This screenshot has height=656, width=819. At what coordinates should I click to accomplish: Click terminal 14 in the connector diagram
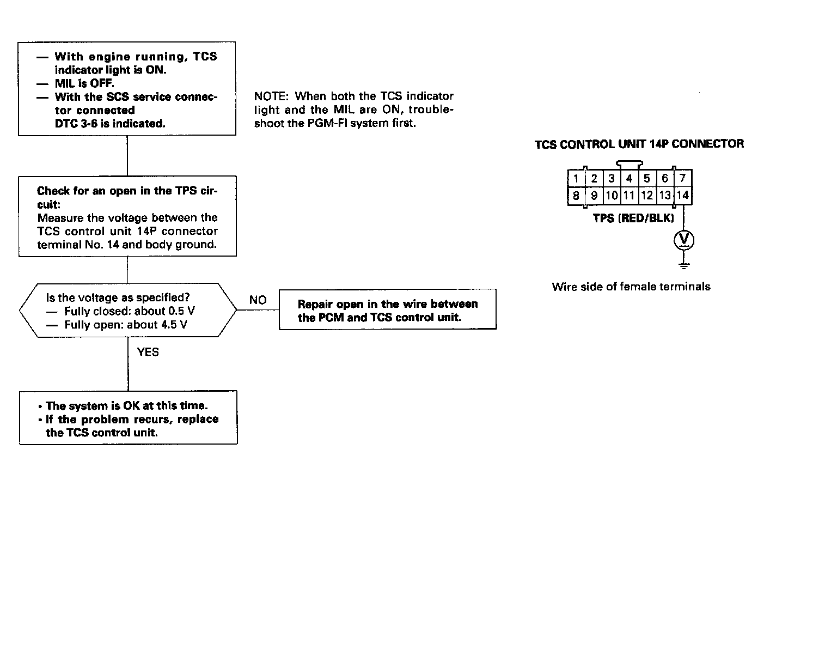pos(682,196)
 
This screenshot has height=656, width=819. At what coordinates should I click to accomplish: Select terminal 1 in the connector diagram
pos(576,178)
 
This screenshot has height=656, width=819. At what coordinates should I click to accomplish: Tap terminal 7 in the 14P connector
pos(682,178)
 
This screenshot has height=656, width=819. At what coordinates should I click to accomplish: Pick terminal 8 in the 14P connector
pos(576,196)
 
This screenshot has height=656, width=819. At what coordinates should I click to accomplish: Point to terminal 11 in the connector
pos(629,196)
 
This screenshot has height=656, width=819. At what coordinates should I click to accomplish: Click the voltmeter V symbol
pos(684,240)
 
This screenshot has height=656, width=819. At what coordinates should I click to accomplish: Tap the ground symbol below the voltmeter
pos(684,265)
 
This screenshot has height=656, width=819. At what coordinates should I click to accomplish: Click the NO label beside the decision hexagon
pos(258,300)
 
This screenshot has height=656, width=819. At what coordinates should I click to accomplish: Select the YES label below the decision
pos(148,352)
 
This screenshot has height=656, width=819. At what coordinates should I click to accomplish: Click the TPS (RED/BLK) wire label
pos(633,218)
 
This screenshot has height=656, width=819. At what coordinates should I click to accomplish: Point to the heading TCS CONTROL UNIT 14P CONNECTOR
pos(639,144)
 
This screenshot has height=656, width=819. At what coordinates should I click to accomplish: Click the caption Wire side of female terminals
pos(631,287)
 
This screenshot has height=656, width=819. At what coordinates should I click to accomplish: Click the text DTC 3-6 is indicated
pos(109,124)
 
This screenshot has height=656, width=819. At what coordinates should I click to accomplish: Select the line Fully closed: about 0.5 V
pos(129,312)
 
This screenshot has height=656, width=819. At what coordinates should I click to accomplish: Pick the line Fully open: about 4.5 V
pos(126,325)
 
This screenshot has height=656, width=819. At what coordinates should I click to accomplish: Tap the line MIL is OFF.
pos(84,83)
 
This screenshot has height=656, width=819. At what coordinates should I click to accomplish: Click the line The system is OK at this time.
pos(126,406)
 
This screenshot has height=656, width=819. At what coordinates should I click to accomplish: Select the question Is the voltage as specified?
pos(118,298)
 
